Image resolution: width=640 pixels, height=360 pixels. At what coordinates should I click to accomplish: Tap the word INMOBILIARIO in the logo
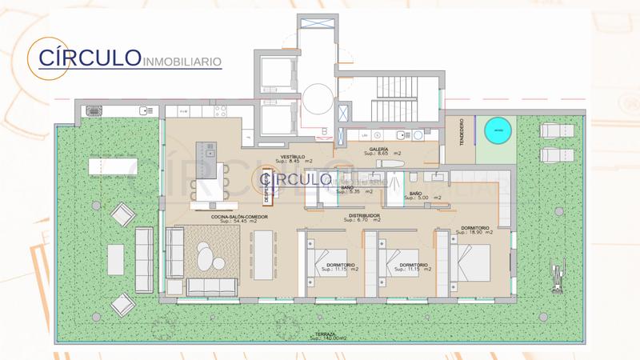tap(182, 61)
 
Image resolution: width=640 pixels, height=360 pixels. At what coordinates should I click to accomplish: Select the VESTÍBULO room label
tap(292, 158)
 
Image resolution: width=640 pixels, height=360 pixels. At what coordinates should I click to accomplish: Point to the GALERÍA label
tap(379, 150)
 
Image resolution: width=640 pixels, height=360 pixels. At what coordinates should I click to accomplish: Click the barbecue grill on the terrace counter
tap(94, 111)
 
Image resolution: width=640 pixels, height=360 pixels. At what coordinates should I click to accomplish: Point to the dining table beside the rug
tap(264, 255)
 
